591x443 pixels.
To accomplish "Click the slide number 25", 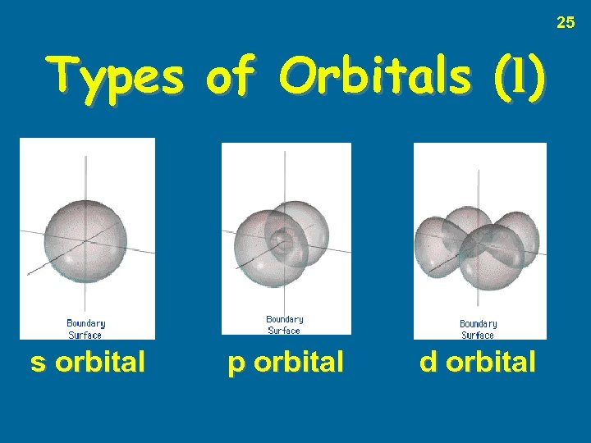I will tap(566, 22).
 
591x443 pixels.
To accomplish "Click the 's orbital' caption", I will tap(88, 362).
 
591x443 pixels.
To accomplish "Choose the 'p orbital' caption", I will tap(285, 362).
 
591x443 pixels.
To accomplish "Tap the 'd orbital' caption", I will tap(478, 362).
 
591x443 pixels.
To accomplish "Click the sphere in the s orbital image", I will tap(85, 238).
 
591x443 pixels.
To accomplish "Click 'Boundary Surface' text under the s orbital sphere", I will tap(85, 329).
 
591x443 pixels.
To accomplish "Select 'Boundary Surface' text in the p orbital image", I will tap(284, 325).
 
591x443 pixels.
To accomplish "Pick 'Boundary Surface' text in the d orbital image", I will tap(478, 329).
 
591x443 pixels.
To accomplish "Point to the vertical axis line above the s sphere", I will tap(87, 176).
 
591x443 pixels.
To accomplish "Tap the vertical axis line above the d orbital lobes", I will tap(479, 185).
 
